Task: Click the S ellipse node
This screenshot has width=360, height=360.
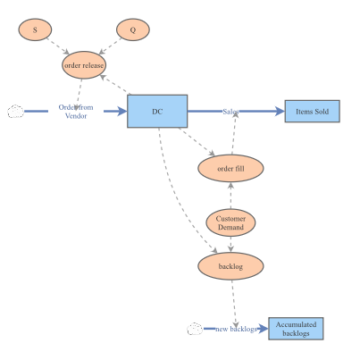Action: (x=35, y=29)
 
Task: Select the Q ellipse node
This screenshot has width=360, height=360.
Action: (x=133, y=29)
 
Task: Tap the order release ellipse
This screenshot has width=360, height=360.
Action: (x=84, y=65)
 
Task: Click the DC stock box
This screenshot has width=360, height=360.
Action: (x=157, y=112)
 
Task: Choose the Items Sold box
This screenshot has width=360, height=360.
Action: (x=313, y=112)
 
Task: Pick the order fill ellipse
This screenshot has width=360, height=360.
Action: (x=230, y=168)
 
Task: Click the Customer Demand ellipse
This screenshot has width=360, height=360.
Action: (x=230, y=222)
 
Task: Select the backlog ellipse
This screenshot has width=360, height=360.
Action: (x=230, y=266)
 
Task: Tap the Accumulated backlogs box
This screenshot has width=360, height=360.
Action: (x=296, y=329)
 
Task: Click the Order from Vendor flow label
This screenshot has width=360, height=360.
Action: (x=76, y=112)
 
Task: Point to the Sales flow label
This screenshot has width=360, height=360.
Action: (x=230, y=112)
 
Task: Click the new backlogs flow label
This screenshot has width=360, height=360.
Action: (x=236, y=329)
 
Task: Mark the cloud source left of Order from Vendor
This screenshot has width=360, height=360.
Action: (x=15, y=112)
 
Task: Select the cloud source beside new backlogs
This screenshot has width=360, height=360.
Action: (x=195, y=329)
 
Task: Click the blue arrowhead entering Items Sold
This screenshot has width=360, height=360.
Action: (x=280, y=112)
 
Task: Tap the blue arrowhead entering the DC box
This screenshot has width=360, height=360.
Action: (x=122, y=112)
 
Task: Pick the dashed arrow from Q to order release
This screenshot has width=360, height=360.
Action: (x=110, y=46)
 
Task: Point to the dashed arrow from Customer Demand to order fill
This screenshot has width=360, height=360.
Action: (x=230, y=196)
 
